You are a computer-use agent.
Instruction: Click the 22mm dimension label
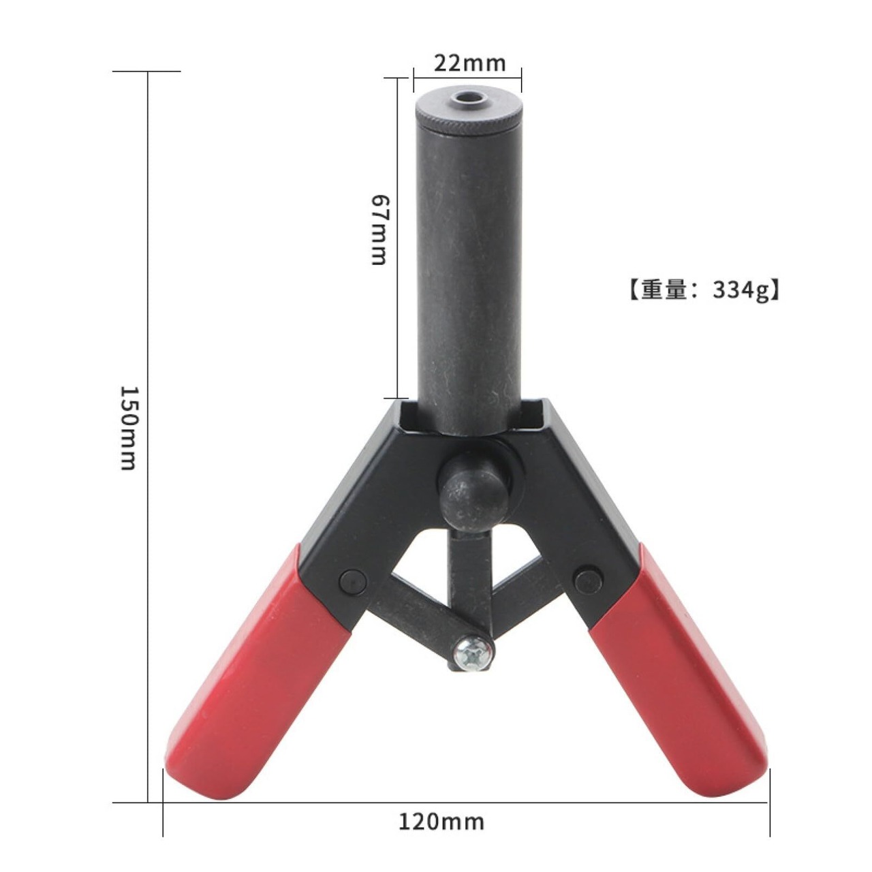click(x=469, y=63)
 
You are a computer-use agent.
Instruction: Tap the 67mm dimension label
click(x=379, y=229)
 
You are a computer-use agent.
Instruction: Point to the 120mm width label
click(x=441, y=808)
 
